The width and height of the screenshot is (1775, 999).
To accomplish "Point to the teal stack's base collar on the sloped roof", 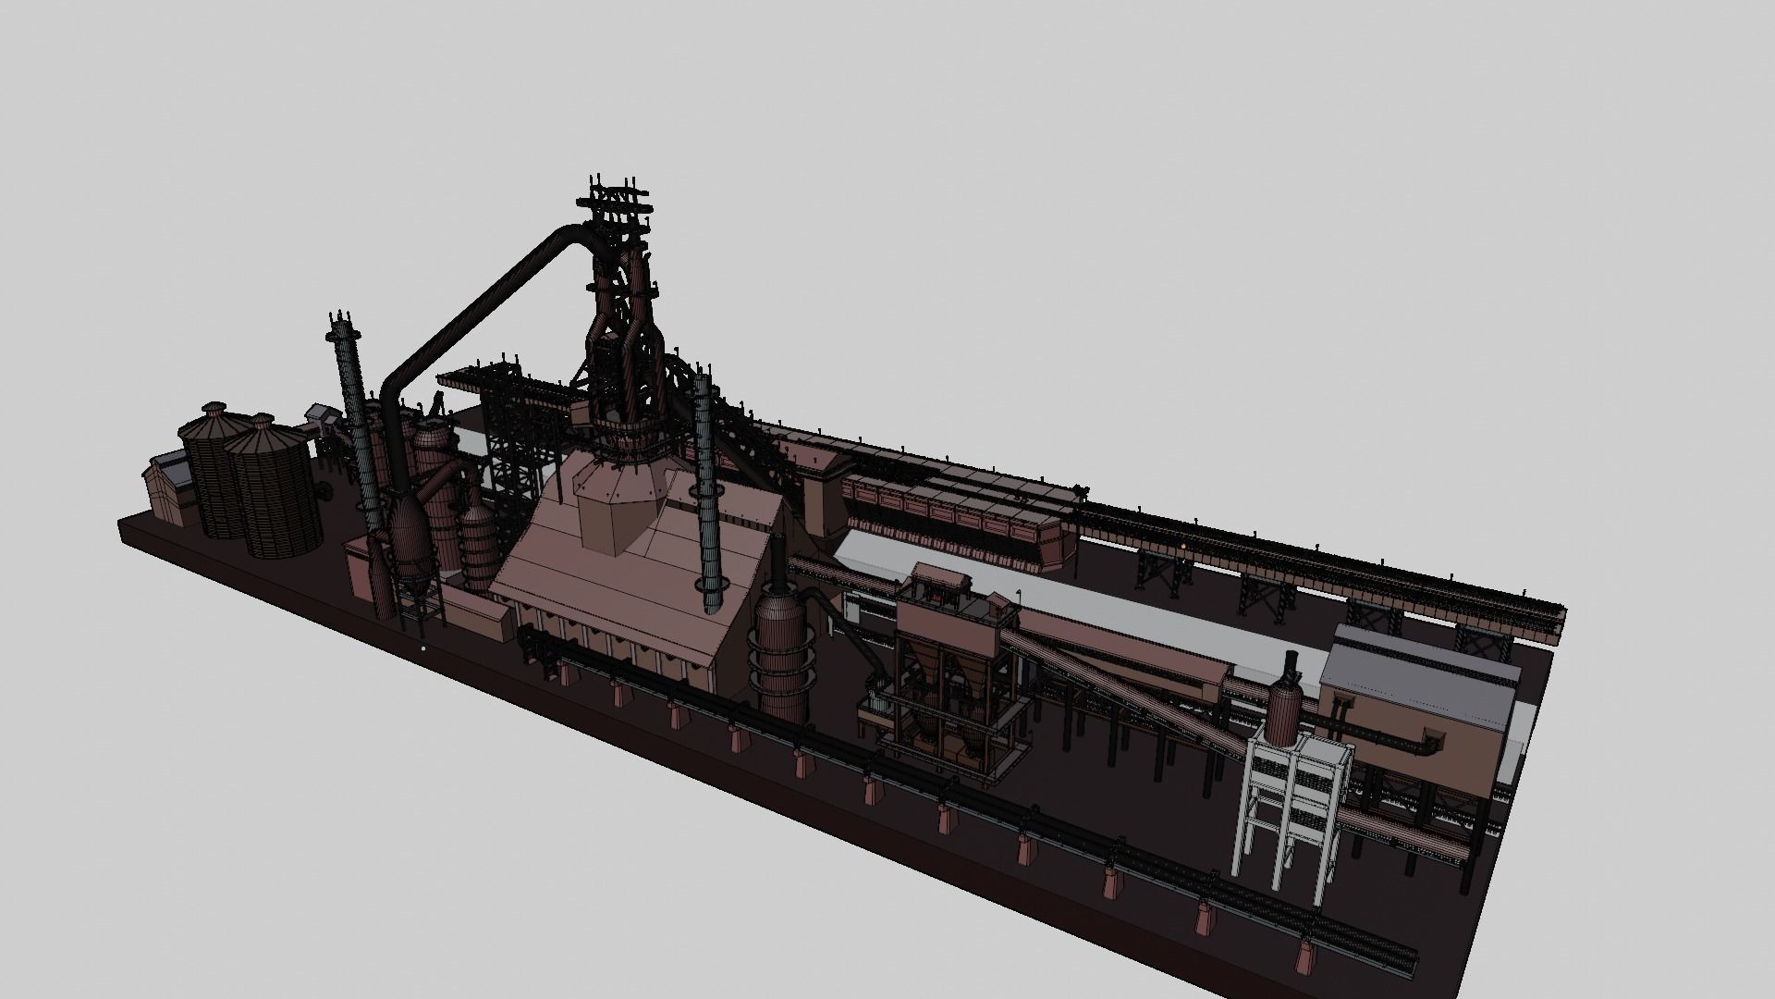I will (711, 597).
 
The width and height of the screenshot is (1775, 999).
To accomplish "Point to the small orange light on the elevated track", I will (1181, 547).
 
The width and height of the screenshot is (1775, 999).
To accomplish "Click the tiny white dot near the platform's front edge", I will (422, 648).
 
